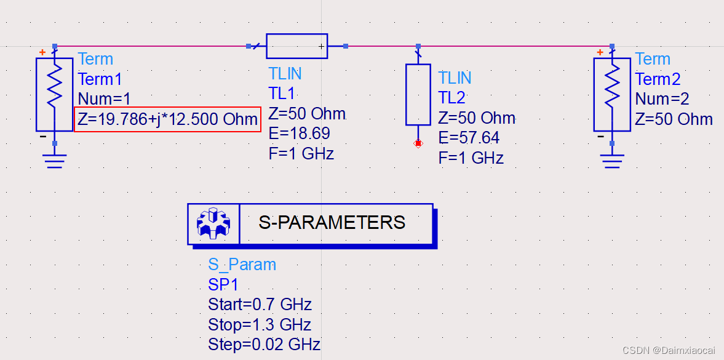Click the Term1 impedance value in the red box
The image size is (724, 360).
click(168, 119)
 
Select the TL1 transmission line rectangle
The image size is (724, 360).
click(296, 46)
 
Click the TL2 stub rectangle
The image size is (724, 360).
click(418, 95)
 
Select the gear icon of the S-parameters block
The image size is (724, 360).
click(212, 223)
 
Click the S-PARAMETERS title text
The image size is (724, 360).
click(332, 223)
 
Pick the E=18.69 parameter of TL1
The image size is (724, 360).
click(300, 134)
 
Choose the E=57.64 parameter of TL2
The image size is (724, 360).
click(469, 138)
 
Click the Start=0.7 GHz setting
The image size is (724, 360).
click(260, 304)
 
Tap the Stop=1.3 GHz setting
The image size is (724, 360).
click(260, 324)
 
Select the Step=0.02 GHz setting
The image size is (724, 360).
click(265, 344)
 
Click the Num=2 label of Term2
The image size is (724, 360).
click(662, 99)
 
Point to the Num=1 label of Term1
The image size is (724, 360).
click(105, 99)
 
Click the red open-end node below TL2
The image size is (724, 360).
click(418, 143)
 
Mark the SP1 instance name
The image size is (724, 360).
click(223, 284)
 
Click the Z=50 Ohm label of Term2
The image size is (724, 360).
click(674, 119)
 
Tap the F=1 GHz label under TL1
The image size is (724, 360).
click(301, 153)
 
